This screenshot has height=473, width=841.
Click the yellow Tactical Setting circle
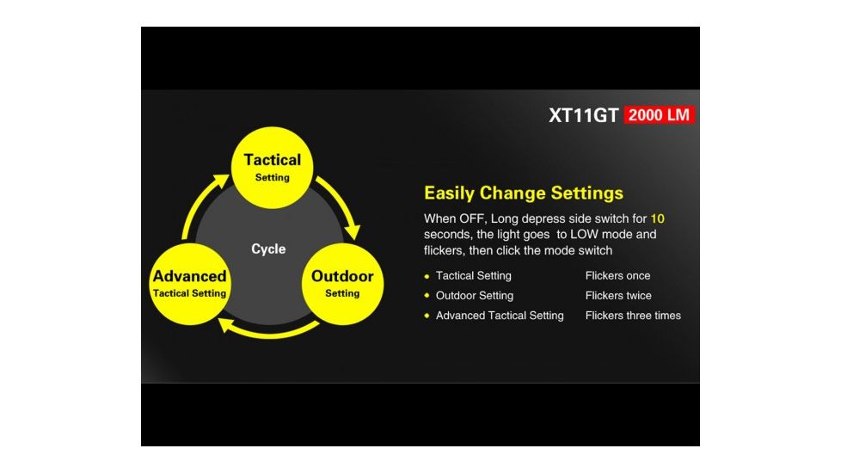point(272,168)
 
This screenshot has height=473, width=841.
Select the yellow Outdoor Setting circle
point(343,284)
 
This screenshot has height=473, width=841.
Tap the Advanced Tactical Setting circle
point(190,284)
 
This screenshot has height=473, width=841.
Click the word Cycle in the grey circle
point(268,249)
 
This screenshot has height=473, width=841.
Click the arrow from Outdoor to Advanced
point(268,333)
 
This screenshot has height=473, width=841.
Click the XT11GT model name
point(584,115)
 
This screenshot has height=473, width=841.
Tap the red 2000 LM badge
point(660,114)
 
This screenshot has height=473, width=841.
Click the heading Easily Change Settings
point(524,193)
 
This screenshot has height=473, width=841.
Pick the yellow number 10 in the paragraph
point(658,218)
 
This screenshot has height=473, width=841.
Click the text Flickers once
point(618,276)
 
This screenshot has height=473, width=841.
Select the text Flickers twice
point(618,296)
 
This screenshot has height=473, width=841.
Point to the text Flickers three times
point(633,316)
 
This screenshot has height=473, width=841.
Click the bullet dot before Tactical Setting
point(427,277)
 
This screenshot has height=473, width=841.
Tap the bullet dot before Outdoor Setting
point(427,296)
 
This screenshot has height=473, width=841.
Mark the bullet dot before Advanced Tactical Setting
point(427,316)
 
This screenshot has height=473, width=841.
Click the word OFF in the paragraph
point(472,218)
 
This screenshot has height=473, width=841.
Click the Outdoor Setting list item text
point(475,296)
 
